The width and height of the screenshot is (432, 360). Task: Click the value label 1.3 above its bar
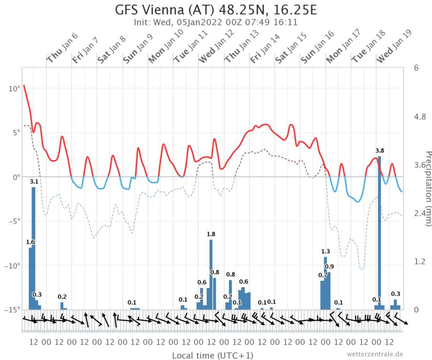tap(326, 251)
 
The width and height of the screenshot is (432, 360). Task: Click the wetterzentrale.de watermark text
tap(375, 354)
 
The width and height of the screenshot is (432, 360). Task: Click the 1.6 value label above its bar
tap(30, 242)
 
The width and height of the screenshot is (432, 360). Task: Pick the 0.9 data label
tap(329, 267)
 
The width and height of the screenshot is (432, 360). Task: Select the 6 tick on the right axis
tap(416, 67)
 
